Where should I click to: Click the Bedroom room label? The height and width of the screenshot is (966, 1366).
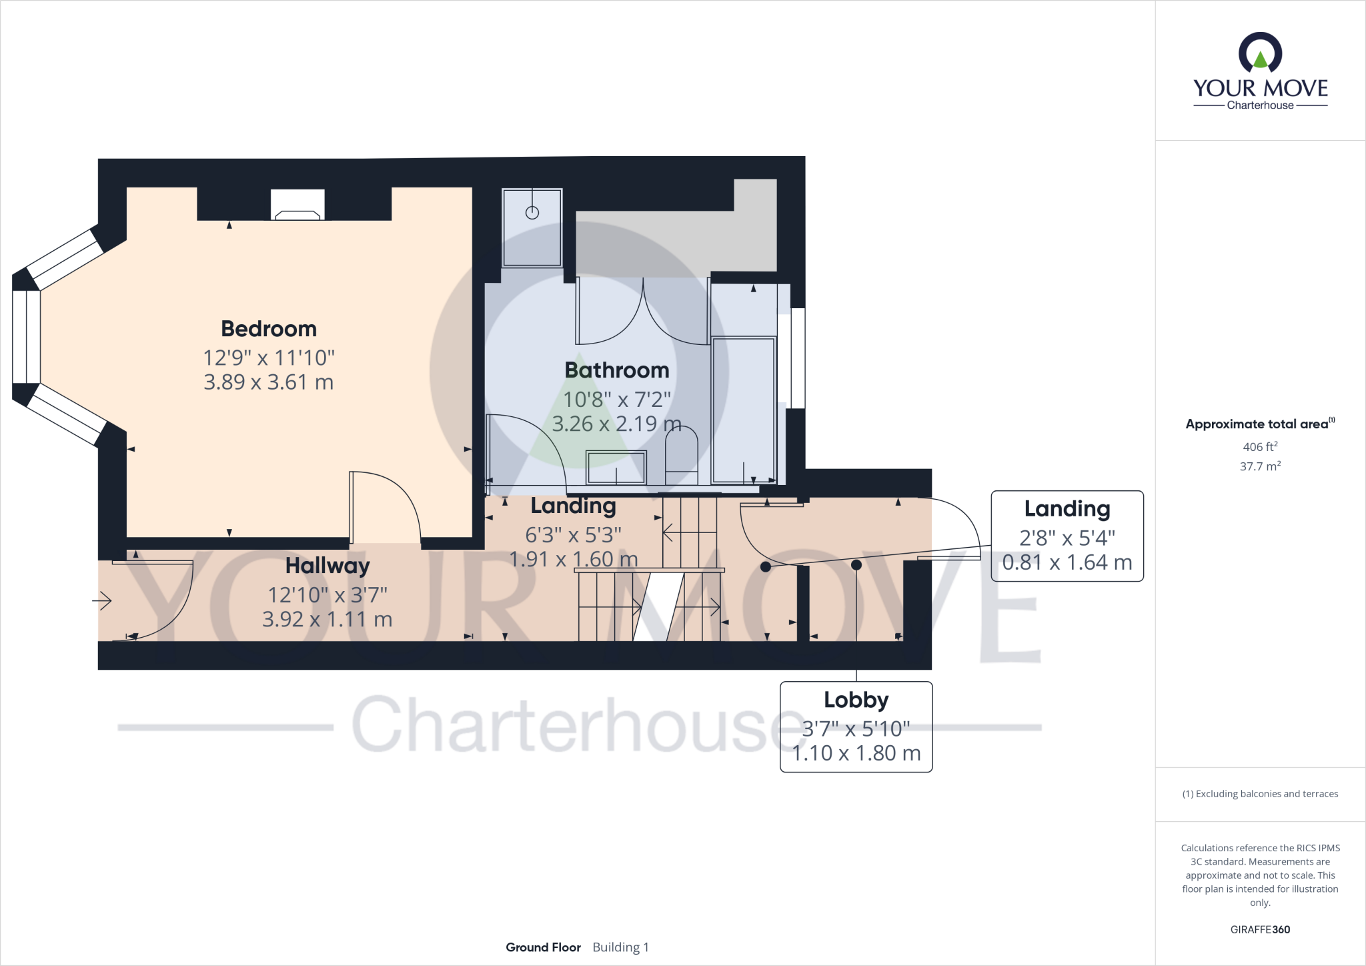[x=269, y=329]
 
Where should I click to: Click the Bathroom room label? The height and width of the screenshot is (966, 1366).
[x=616, y=370]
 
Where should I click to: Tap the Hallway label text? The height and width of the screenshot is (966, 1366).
[x=327, y=566]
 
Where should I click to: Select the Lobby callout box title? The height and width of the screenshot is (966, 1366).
[x=856, y=700]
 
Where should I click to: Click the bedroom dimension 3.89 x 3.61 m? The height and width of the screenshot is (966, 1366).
[x=269, y=382]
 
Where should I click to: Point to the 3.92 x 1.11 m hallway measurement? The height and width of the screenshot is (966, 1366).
[x=327, y=619]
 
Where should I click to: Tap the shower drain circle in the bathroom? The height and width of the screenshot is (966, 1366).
[x=532, y=212]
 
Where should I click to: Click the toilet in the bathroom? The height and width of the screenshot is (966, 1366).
[x=681, y=454]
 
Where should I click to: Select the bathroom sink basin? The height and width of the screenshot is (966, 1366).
[x=616, y=467]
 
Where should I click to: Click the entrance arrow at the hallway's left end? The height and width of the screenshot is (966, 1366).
[x=102, y=601]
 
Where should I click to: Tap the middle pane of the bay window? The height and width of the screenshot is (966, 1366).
[x=27, y=337]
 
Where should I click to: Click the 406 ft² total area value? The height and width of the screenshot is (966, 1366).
[x=1259, y=447]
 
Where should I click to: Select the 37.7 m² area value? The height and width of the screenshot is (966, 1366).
[x=1259, y=466]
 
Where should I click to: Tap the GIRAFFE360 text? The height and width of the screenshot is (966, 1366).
[x=1260, y=929]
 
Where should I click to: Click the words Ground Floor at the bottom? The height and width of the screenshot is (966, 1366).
[x=543, y=947]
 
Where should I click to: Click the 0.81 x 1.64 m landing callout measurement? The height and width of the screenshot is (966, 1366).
[x=1067, y=562]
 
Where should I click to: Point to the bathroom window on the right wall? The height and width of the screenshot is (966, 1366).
[x=798, y=358]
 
